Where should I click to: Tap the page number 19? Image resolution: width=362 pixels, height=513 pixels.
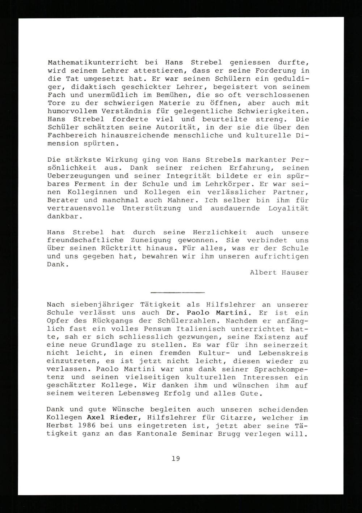tap(176, 458)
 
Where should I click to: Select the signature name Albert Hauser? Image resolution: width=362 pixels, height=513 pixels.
tap(279, 273)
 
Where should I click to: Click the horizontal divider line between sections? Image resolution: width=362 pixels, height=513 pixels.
tap(177, 292)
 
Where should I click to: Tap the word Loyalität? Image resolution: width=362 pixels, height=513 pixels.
tap(288, 208)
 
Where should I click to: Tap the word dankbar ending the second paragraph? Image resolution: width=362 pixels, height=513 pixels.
tap(64, 217)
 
